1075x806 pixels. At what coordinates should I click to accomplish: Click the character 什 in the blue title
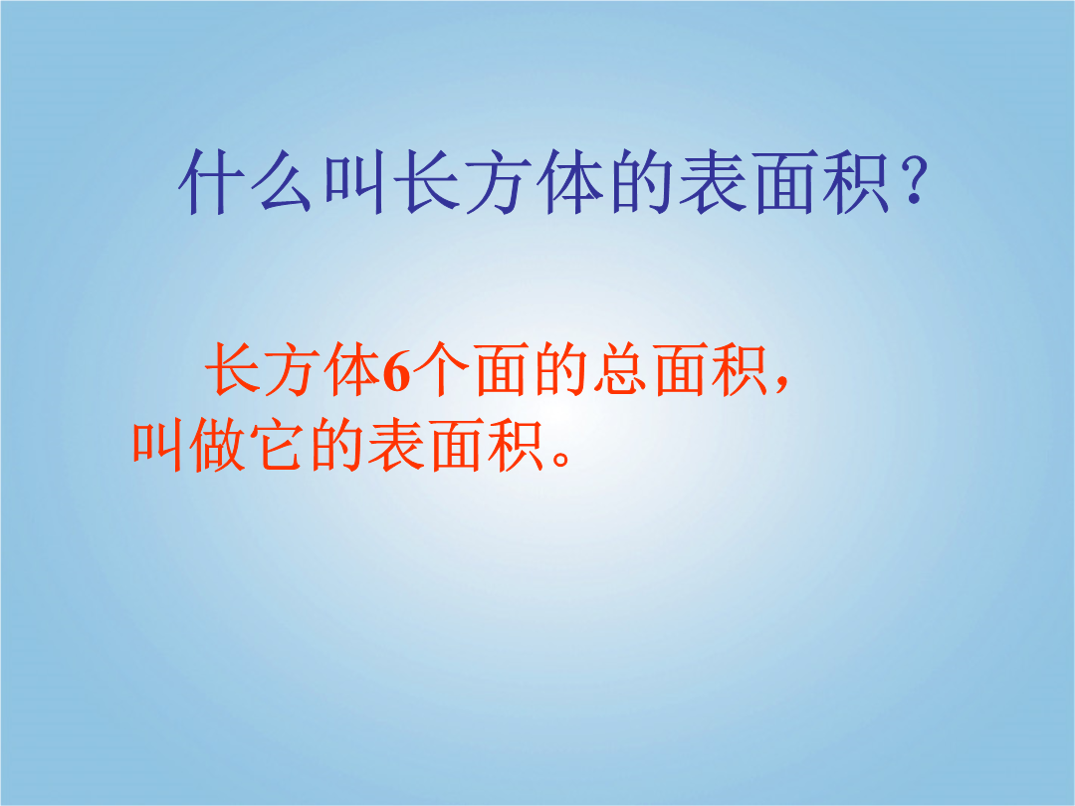click(210, 183)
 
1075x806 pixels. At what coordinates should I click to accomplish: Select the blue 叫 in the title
click(353, 183)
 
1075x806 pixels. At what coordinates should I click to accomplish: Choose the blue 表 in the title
click(713, 183)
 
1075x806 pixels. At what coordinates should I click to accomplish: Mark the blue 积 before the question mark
click(855, 183)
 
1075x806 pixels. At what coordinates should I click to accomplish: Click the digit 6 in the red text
click(396, 372)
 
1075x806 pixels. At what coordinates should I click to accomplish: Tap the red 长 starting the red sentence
click(233, 370)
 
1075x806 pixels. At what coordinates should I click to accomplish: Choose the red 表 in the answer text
click(395, 446)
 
